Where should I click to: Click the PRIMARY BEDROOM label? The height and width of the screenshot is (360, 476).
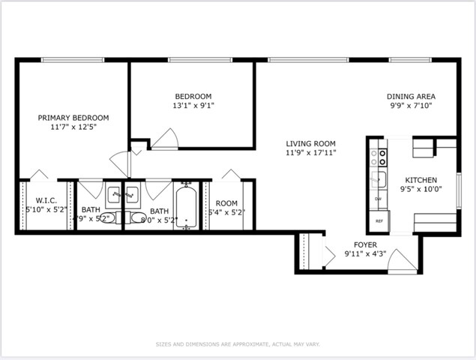point(73,118)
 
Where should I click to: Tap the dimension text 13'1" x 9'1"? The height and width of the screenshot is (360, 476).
point(193,106)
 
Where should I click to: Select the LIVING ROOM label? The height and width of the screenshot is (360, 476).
point(310,143)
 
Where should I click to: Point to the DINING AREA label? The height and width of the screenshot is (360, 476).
point(411,96)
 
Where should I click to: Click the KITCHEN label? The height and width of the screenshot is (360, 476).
point(421,180)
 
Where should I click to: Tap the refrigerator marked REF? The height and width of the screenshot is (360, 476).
point(379,221)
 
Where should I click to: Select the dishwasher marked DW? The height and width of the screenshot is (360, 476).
point(379,199)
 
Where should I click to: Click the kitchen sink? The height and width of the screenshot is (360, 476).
point(380,178)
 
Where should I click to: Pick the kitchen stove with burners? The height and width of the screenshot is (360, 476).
point(380,157)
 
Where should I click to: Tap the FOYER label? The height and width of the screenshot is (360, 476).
point(365,245)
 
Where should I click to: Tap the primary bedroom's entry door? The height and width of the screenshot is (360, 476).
point(120,160)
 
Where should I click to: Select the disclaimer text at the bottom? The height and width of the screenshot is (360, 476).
point(238,343)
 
